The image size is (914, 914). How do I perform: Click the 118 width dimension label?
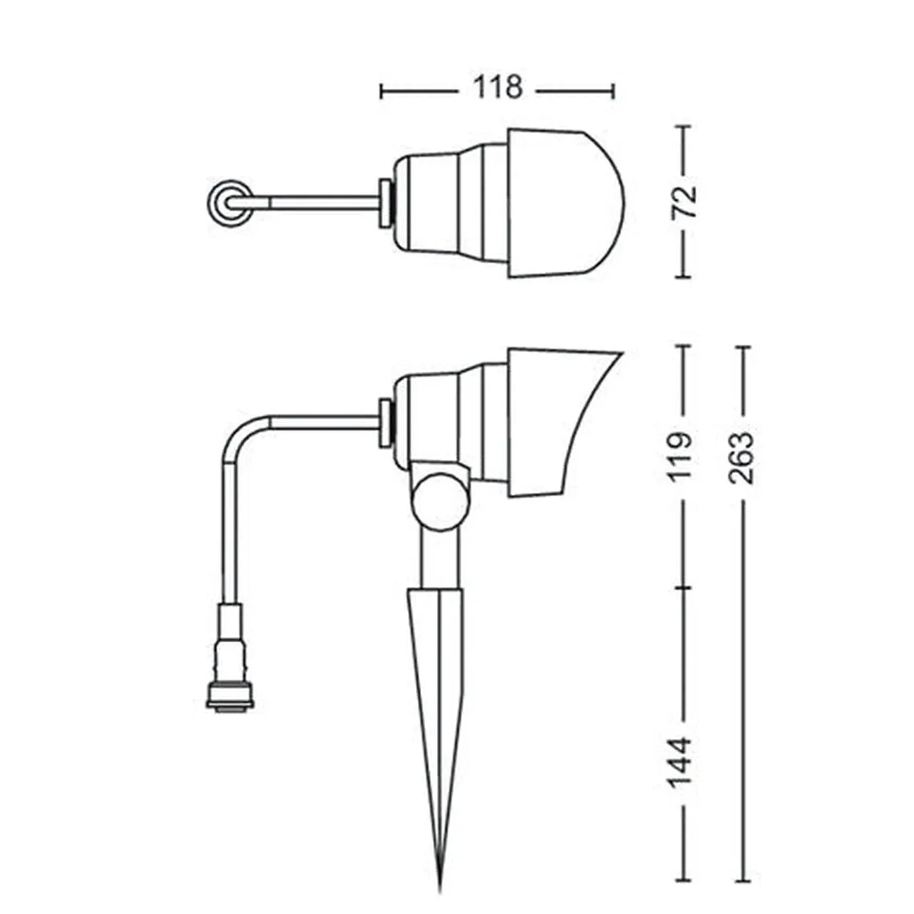497,87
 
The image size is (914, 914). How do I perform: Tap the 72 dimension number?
685,201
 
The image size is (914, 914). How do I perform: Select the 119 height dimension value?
680,457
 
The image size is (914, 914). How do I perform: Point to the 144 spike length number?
680,762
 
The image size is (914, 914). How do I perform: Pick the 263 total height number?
742,458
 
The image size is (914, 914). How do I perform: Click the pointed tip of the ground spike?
440,891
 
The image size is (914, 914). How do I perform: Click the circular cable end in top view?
231,203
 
